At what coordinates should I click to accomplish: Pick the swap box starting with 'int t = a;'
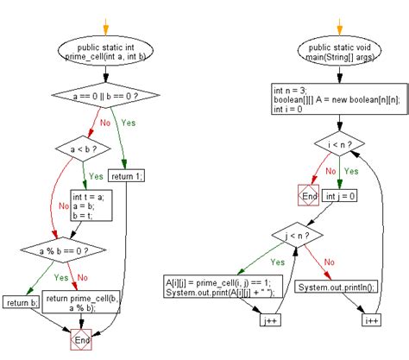point(89,208)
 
